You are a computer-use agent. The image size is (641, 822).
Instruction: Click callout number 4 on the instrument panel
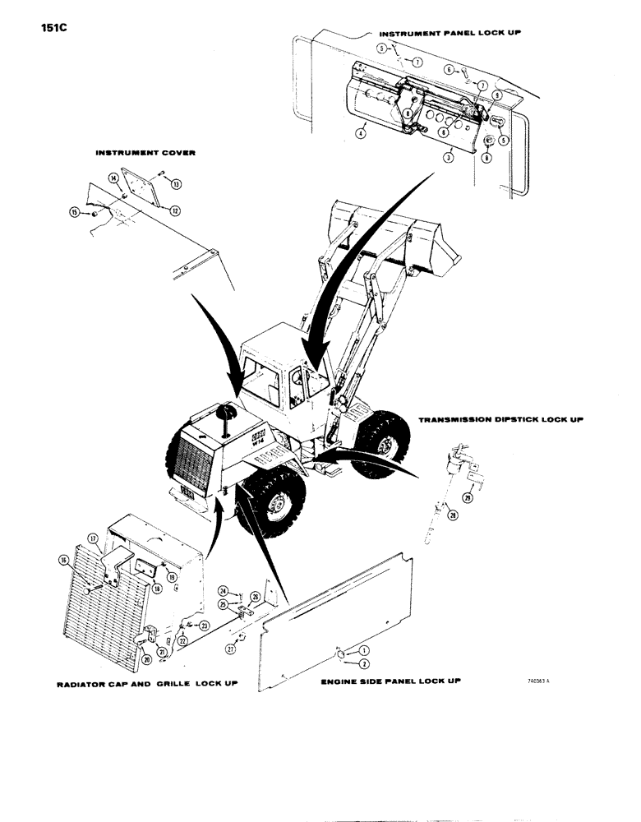coord(360,132)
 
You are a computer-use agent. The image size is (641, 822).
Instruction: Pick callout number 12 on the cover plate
coord(174,210)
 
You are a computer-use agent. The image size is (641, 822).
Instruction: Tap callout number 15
coord(75,213)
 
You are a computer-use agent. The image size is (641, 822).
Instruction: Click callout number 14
coord(113,178)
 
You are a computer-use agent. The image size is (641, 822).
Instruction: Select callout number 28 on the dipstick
coord(450,515)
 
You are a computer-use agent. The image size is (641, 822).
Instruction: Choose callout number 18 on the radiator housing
coord(156,589)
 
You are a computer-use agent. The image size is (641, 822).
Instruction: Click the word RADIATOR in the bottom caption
coord(86,683)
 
